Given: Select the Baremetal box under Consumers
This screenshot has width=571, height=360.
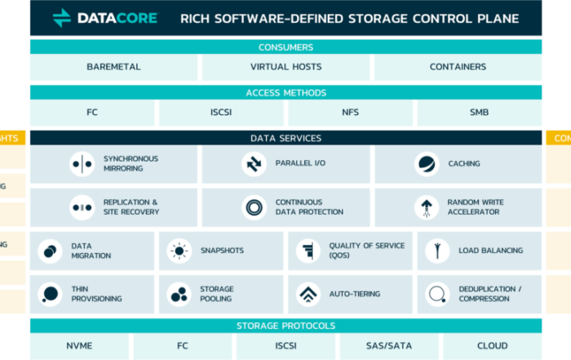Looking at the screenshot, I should pyautogui.click(x=114, y=67).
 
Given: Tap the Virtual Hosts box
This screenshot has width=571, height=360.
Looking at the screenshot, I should pyautogui.click(x=285, y=67).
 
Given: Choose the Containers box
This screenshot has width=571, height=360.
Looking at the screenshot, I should pyautogui.click(x=458, y=67).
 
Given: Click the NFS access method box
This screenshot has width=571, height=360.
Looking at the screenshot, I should pyautogui.click(x=350, y=113).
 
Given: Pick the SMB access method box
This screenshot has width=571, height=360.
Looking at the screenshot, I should pyautogui.click(x=479, y=113).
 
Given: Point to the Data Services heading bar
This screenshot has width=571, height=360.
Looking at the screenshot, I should pyautogui.click(x=285, y=138).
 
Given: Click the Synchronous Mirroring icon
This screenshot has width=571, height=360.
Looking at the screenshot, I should pyautogui.click(x=82, y=164).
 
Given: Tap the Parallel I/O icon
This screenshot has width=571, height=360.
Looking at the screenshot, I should pyautogui.click(x=254, y=164).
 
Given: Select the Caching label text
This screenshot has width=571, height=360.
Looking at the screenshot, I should pyautogui.click(x=463, y=164).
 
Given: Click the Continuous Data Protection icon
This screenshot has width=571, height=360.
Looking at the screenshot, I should pyautogui.click(x=254, y=207).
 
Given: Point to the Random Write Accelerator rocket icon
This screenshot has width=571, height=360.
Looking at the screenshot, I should pyautogui.click(x=426, y=207).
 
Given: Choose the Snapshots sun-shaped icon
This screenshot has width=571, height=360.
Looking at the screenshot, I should pyautogui.click(x=179, y=251).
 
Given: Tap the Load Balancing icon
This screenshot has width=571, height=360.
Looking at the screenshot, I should pyautogui.click(x=437, y=251).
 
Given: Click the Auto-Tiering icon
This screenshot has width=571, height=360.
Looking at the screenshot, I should pyautogui.click(x=308, y=294).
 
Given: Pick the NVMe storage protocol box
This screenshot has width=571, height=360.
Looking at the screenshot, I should pyautogui.click(x=79, y=346).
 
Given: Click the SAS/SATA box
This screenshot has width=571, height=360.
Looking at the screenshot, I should pyautogui.click(x=388, y=346).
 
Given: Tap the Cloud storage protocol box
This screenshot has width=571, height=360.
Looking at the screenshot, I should pyautogui.click(x=492, y=346).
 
